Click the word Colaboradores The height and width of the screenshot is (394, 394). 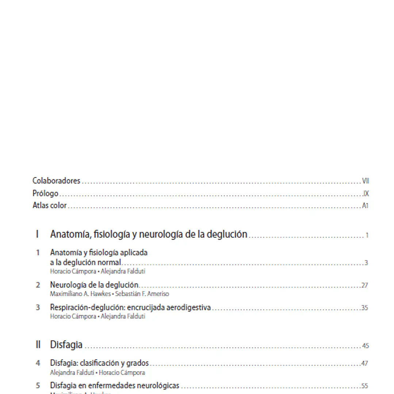point(56,181)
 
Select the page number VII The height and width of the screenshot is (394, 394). point(365,181)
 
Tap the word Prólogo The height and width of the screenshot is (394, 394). point(45,194)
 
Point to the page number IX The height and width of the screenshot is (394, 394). point(366,194)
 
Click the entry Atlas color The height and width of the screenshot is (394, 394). point(50,206)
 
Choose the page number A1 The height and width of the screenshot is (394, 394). point(365,206)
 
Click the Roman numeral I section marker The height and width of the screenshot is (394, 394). point(37,234)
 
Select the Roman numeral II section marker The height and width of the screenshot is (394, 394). point(38,345)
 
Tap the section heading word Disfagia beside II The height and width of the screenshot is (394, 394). point(66,345)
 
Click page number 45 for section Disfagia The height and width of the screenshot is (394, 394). point(365,346)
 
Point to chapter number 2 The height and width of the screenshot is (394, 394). point(38,285)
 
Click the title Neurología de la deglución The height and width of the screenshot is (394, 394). point(94,285)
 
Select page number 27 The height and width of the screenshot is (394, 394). point(364,286)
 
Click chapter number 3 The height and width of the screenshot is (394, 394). point(38,307)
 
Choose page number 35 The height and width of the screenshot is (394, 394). point(364,308)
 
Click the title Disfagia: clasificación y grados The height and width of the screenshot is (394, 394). point(99,363)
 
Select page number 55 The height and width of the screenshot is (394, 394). point(364,386)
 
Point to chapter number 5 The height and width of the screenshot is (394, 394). point(38,386)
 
